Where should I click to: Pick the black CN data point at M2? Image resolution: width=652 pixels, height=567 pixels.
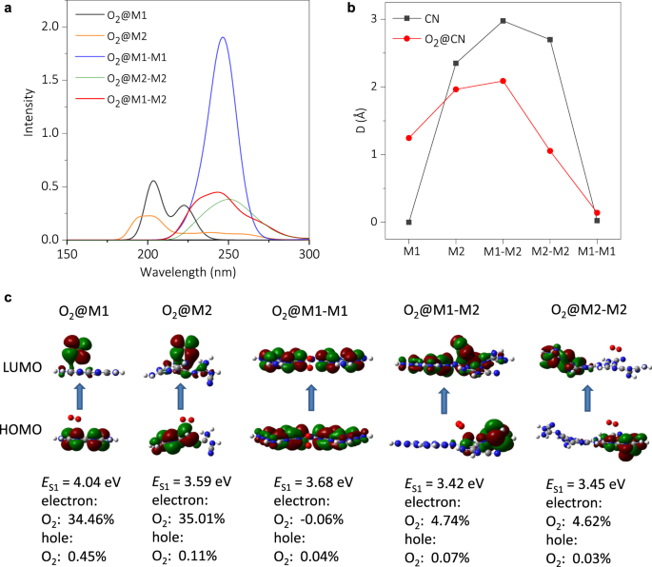pos(456,64)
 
